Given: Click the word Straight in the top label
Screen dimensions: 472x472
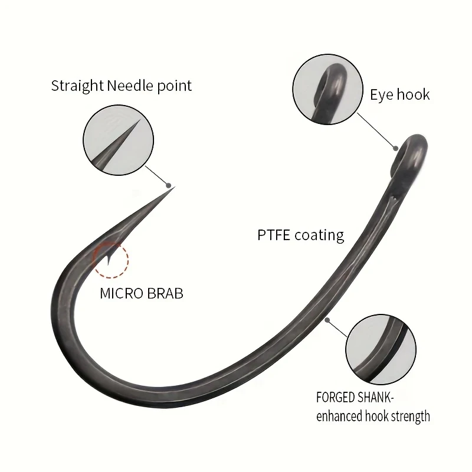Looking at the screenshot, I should pos(77,86).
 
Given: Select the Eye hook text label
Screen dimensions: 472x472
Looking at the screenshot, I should pos(400,94).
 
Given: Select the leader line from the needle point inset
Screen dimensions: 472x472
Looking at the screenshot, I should pos(157,175).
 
